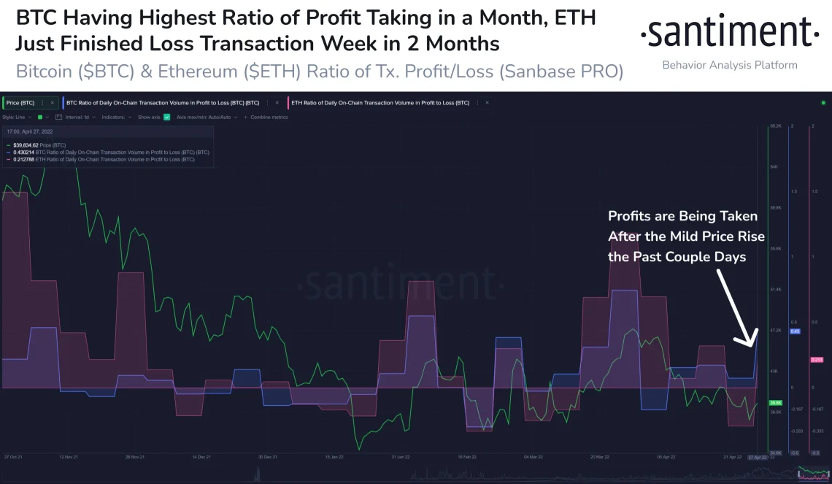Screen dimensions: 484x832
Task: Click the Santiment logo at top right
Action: point(729,32)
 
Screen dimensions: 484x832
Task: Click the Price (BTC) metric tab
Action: point(20,103)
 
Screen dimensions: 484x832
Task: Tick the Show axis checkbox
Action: point(167,117)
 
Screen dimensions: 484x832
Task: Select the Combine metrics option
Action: point(268,117)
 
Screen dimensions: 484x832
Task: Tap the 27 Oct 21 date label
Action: point(14,457)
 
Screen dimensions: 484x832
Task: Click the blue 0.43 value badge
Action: point(796,331)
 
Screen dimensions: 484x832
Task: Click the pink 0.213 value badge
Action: point(817,360)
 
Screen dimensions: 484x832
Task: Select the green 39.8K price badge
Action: point(775,402)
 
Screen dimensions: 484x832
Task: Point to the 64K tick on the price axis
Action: point(775,167)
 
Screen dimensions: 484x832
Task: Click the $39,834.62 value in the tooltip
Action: point(28,145)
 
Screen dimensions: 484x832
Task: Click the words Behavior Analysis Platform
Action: point(729,65)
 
